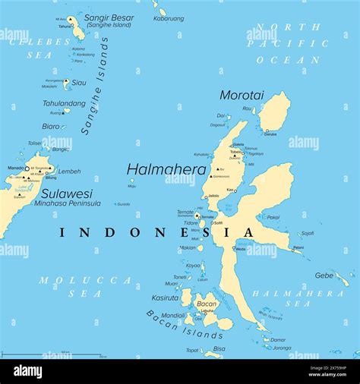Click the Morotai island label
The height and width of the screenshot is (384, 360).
[x=242, y=95]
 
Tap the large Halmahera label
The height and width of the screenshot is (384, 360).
[x=166, y=169]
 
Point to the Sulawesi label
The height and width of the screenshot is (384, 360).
[x=67, y=193]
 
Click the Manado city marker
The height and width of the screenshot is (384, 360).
[x=27, y=168]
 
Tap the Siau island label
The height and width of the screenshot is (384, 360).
[x=79, y=83]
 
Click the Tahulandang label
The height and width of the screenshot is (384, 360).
[x=64, y=103]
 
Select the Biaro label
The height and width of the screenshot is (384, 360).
[x=51, y=126]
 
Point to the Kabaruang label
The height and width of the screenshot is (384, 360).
[x=169, y=18]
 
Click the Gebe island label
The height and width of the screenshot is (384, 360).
[x=324, y=275]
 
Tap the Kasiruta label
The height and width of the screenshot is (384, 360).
[x=165, y=297]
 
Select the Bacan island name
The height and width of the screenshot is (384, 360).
[x=206, y=304]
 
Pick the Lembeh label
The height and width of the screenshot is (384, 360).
[x=69, y=171]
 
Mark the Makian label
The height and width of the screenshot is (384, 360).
[x=188, y=247]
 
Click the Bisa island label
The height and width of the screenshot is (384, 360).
[x=219, y=349]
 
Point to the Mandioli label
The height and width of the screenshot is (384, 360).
[x=172, y=315]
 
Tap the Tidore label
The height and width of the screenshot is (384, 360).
[x=191, y=223]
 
